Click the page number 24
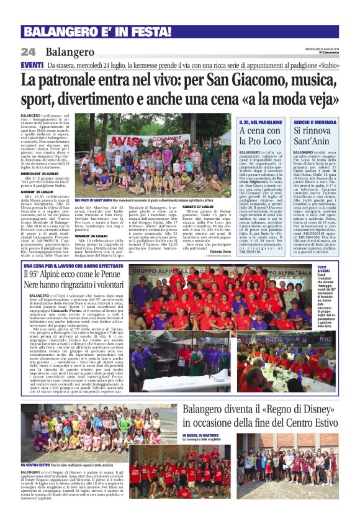(x=29, y=52)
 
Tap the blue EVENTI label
(x=32, y=65)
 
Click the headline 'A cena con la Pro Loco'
(x=261, y=136)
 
